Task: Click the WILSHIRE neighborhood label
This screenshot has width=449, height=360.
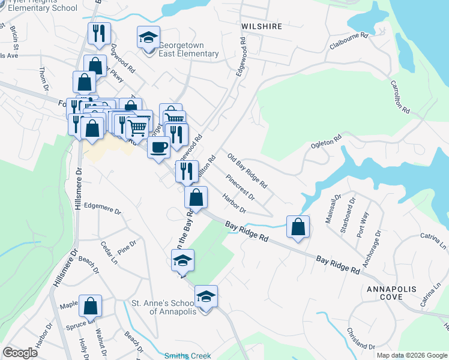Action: [262, 27]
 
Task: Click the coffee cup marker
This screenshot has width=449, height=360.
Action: [158, 148]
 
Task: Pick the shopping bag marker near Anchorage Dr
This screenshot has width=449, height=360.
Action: [298, 227]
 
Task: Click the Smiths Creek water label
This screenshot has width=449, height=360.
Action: [188, 356]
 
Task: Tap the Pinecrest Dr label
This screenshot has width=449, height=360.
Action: [241, 187]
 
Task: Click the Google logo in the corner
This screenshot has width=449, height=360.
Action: [20, 353]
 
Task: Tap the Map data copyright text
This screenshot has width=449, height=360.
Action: [411, 355]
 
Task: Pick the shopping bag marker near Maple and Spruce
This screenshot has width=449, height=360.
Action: [91, 307]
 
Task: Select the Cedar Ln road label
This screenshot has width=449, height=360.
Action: [109, 253]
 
